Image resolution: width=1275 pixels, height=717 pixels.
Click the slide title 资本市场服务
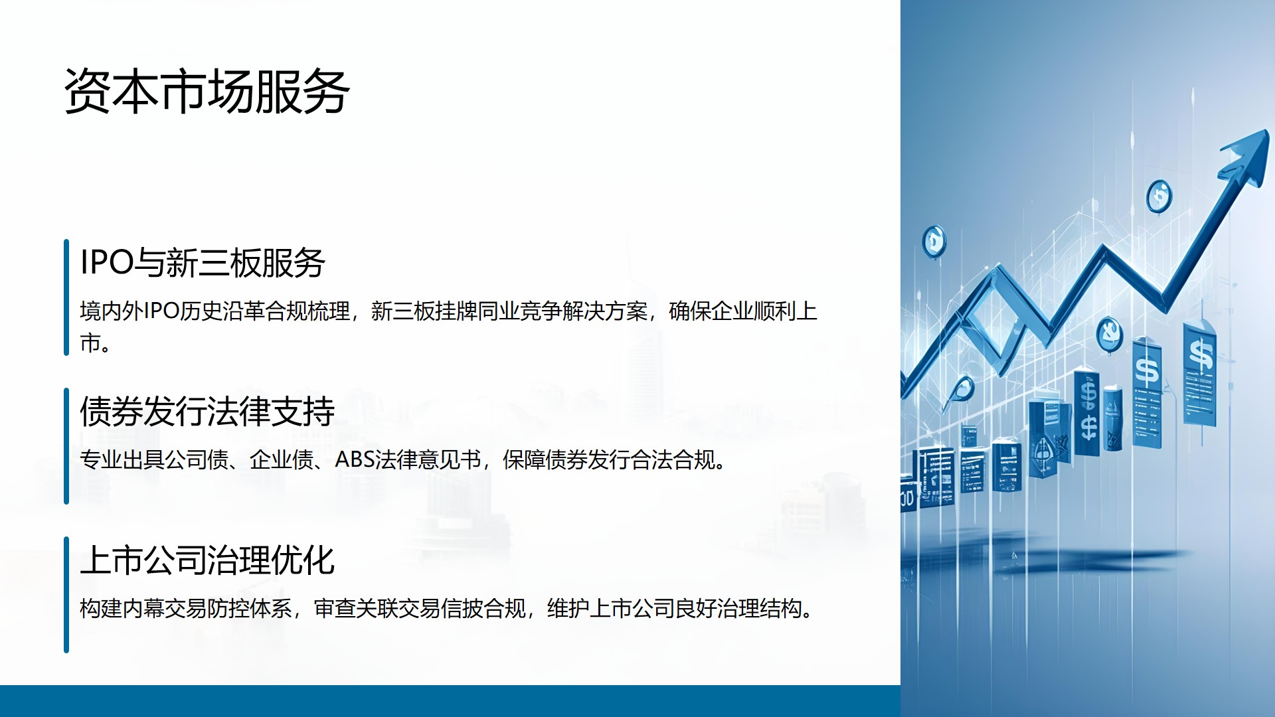pyautogui.click(x=207, y=92)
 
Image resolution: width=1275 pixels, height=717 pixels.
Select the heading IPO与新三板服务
pyautogui.click(x=203, y=262)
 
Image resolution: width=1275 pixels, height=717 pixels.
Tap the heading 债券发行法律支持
pyautogui.click(x=207, y=411)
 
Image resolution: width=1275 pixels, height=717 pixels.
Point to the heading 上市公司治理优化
pyautogui.click(x=207, y=560)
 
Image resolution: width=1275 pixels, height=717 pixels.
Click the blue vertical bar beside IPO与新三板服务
pyautogui.click(x=66, y=297)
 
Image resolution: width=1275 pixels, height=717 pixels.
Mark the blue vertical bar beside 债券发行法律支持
pyautogui.click(x=66, y=446)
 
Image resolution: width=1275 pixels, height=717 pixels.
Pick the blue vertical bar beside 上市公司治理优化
pyautogui.click(x=66, y=595)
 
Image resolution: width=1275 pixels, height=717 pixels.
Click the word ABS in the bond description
pyautogui.click(x=354, y=459)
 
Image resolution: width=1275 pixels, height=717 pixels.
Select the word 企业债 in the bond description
pyautogui.click(x=282, y=459)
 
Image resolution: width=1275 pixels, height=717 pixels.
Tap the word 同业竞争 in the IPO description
pyautogui.click(x=519, y=311)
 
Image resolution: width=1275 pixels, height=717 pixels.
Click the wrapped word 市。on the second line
pyautogui.click(x=95, y=343)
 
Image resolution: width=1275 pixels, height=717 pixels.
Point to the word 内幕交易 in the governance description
pyautogui.click(x=164, y=608)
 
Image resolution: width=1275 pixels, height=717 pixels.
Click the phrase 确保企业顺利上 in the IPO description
pyautogui.click(x=742, y=311)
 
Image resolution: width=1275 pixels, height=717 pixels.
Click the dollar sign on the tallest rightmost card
pyautogui.click(x=1201, y=354)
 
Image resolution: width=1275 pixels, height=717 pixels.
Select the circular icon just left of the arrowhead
pyautogui.click(x=1159, y=197)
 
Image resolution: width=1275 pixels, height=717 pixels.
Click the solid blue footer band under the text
pyautogui.click(x=450, y=701)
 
